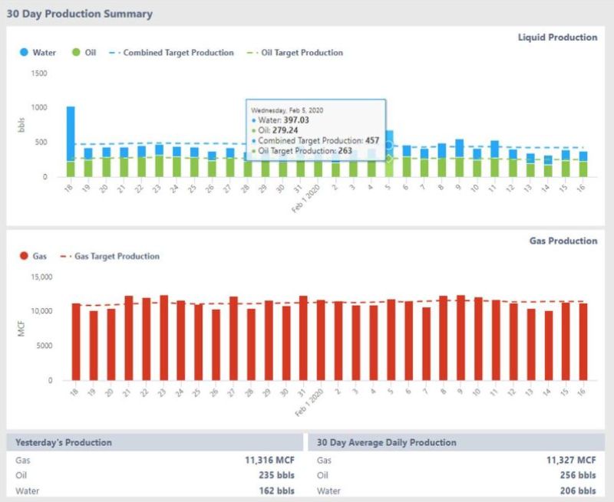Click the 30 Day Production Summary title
tap(79, 14)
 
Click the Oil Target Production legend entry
tap(295, 53)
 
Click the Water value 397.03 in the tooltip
tap(296, 120)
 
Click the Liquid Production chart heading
tap(557, 37)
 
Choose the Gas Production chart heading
tap(563, 241)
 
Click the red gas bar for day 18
tap(76, 342)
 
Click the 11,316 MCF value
tap(268, 460)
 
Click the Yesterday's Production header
tap(64, 442)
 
